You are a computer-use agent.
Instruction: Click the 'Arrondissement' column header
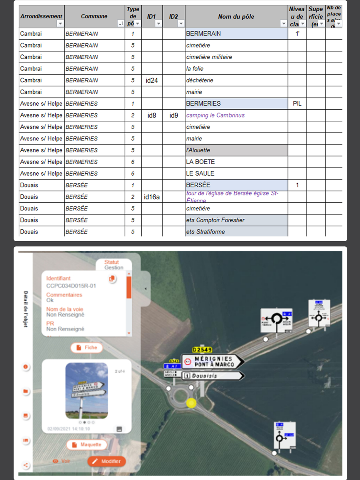point(41,16)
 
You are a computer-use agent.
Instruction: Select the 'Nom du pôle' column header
point(236,16)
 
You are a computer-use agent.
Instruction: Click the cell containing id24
point(152,80)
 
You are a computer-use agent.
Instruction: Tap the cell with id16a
point(152,197)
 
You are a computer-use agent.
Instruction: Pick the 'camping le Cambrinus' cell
point(236,115)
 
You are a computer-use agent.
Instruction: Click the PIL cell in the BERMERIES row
point(297,104)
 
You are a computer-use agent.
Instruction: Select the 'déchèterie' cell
point(236,80)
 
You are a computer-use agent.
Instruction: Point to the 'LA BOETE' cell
point(236,162)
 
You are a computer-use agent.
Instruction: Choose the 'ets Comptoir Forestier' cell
point(236,220)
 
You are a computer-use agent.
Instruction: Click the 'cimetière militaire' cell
point(236,57)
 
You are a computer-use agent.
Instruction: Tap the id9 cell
point(174,115)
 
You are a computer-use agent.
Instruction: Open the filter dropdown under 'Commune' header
point(120,24)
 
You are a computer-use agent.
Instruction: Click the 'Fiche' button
point(86,348)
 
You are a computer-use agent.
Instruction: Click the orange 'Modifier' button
point(106,461)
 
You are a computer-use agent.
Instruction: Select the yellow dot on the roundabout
point(192,403)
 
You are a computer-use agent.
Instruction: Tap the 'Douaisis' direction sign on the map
point(213,376)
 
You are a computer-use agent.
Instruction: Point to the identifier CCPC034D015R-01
point(71,286)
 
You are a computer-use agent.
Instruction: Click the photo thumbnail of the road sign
point(86,391)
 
